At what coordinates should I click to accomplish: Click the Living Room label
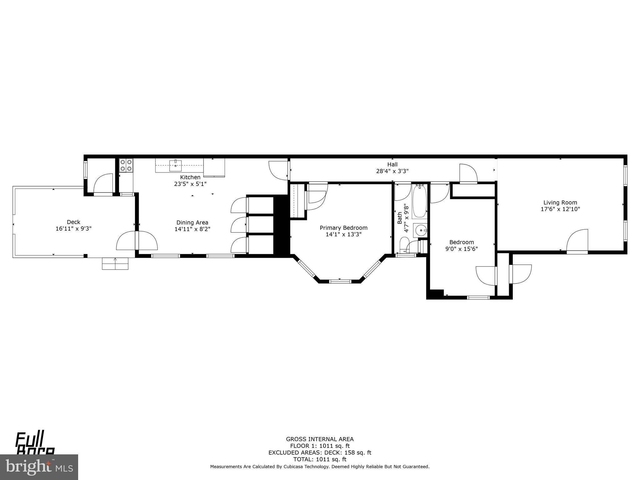coord(560,202)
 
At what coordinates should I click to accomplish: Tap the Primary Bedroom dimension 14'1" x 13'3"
coord(343,234)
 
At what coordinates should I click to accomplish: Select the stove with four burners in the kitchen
coord(126,165)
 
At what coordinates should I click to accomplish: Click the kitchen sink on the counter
coord(175,165)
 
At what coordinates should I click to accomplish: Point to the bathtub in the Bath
coord(419,202)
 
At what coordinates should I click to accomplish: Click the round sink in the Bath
coord(421,231)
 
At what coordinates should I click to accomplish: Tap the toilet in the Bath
coord(404,245)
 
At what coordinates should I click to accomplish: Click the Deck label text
coord(73,222)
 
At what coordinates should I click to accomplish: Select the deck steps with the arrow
coord(115,263)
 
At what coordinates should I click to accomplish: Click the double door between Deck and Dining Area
coord(137,240)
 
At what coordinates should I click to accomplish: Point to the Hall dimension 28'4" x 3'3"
coord(392,171)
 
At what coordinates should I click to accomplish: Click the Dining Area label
coord(192,222)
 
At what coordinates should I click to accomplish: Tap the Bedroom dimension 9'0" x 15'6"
coord(462,249)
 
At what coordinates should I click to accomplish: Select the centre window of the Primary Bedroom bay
coord(340,281)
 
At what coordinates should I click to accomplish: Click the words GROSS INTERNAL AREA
coord(320,439)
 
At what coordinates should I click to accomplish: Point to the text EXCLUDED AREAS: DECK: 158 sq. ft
coord(320,452)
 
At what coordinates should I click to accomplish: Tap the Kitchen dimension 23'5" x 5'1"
coord(190,184)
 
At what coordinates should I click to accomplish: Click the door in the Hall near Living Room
coord(468,173)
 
